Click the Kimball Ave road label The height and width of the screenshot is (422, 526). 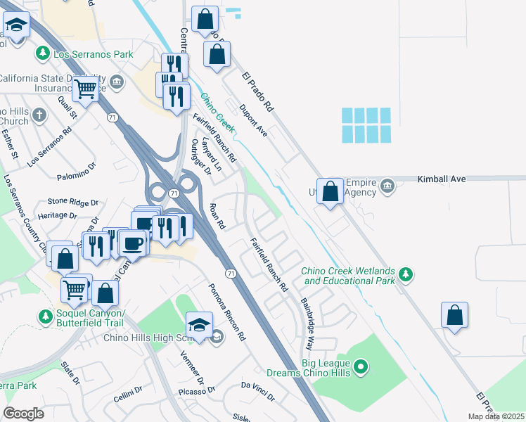click(x=442, y=179)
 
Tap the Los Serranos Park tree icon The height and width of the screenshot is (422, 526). click(x=43, y=53)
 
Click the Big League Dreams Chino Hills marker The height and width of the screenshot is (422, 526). click(x=361, y=366)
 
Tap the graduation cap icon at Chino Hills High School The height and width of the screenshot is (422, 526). click(x=198, y=325)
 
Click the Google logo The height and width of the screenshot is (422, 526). click(x=23, y=414)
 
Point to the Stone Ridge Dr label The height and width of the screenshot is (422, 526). click(x=73, y=203)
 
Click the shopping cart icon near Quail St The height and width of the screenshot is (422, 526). click(x=85, y=89)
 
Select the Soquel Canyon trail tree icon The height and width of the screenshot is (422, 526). click(x=46, y=317)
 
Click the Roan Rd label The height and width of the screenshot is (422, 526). click(x=217, y=217)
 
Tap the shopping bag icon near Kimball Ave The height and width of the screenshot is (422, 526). click(x=330, y=190)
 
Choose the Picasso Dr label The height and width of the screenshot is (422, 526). click(x=195, y=391)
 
